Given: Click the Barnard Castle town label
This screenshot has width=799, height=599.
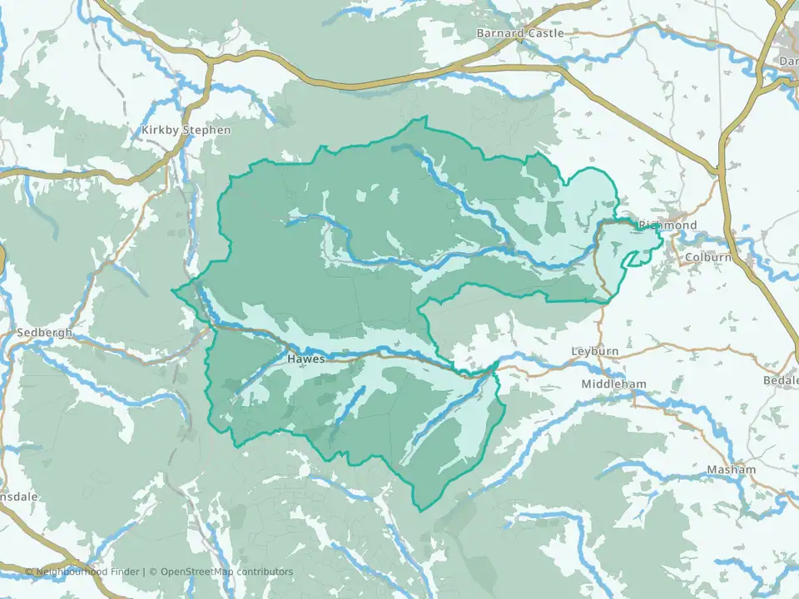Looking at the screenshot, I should tap(519, 33).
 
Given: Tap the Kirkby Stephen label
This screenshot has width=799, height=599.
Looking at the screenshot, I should tap(186, 131).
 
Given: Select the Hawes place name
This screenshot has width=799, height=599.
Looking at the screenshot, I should tap(305, 359).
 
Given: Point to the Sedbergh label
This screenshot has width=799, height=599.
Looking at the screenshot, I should tap(44, 333).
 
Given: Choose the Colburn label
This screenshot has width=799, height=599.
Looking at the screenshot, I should tap(707, 258).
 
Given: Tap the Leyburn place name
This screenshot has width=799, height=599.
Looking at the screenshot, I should tap(595, 351).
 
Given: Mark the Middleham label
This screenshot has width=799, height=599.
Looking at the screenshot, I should tap(614, 384).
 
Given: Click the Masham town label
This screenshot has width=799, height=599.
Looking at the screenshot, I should tap(732, 470).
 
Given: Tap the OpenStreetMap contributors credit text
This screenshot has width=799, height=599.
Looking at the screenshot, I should tap(226, 572).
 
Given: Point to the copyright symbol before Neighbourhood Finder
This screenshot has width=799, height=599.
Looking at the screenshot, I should tap(29, 572).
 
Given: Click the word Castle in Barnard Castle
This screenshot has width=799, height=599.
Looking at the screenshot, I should tap(544, 33).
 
